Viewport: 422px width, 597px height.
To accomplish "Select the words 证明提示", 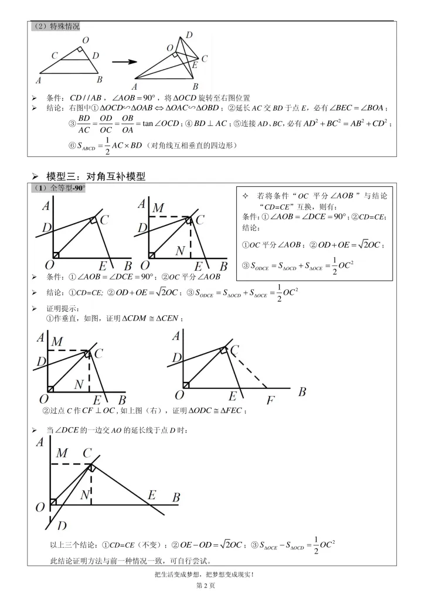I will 63,308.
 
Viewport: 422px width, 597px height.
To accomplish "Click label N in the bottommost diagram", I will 84,495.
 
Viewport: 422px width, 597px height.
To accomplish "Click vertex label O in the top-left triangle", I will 86,40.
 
